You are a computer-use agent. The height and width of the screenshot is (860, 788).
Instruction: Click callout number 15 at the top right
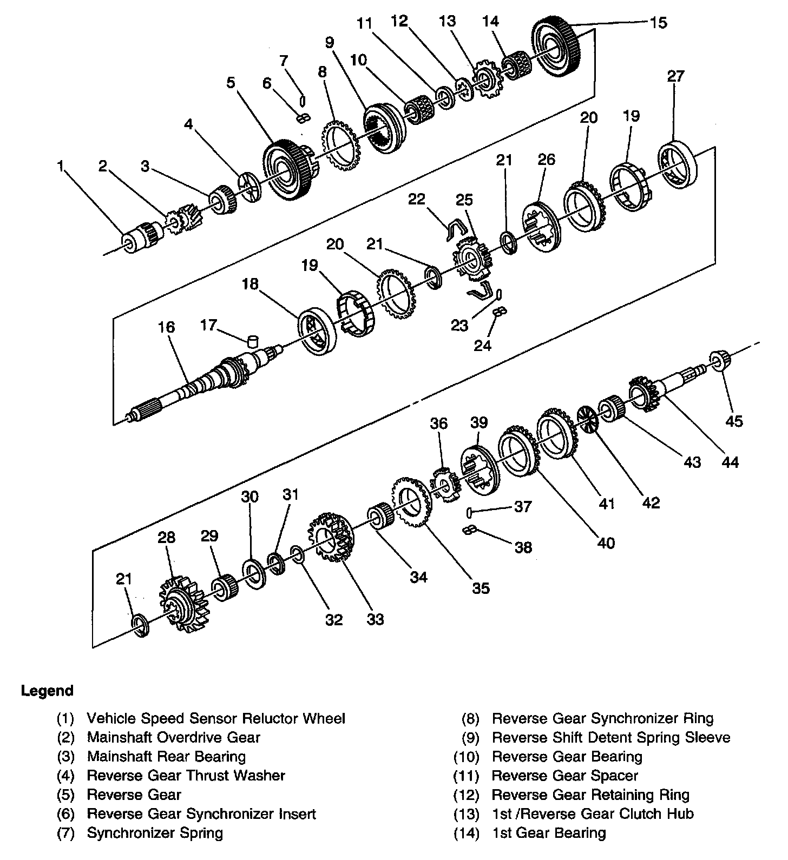[x=659, y=23]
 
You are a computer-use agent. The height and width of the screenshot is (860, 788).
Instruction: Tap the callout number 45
[x=734, y=420]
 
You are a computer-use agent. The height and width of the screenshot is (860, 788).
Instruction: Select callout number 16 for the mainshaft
[x=167, y=327]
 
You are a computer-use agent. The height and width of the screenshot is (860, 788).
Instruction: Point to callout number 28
[x=167, y=537]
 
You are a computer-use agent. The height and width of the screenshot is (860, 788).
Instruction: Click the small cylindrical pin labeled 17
[x=252, y=342]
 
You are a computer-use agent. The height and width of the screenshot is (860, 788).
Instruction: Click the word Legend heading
[x=47, y=691]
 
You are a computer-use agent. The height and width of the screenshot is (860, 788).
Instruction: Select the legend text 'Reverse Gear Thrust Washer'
[x=186, y=775]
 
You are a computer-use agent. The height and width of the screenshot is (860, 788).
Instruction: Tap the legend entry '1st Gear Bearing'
[x=549, y=833]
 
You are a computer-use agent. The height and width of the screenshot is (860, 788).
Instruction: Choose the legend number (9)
[x=469, y=737]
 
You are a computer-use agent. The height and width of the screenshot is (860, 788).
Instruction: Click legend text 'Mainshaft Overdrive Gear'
[x=174, y=737]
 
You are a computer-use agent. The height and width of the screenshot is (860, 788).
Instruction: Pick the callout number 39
[x=479, y=422]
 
